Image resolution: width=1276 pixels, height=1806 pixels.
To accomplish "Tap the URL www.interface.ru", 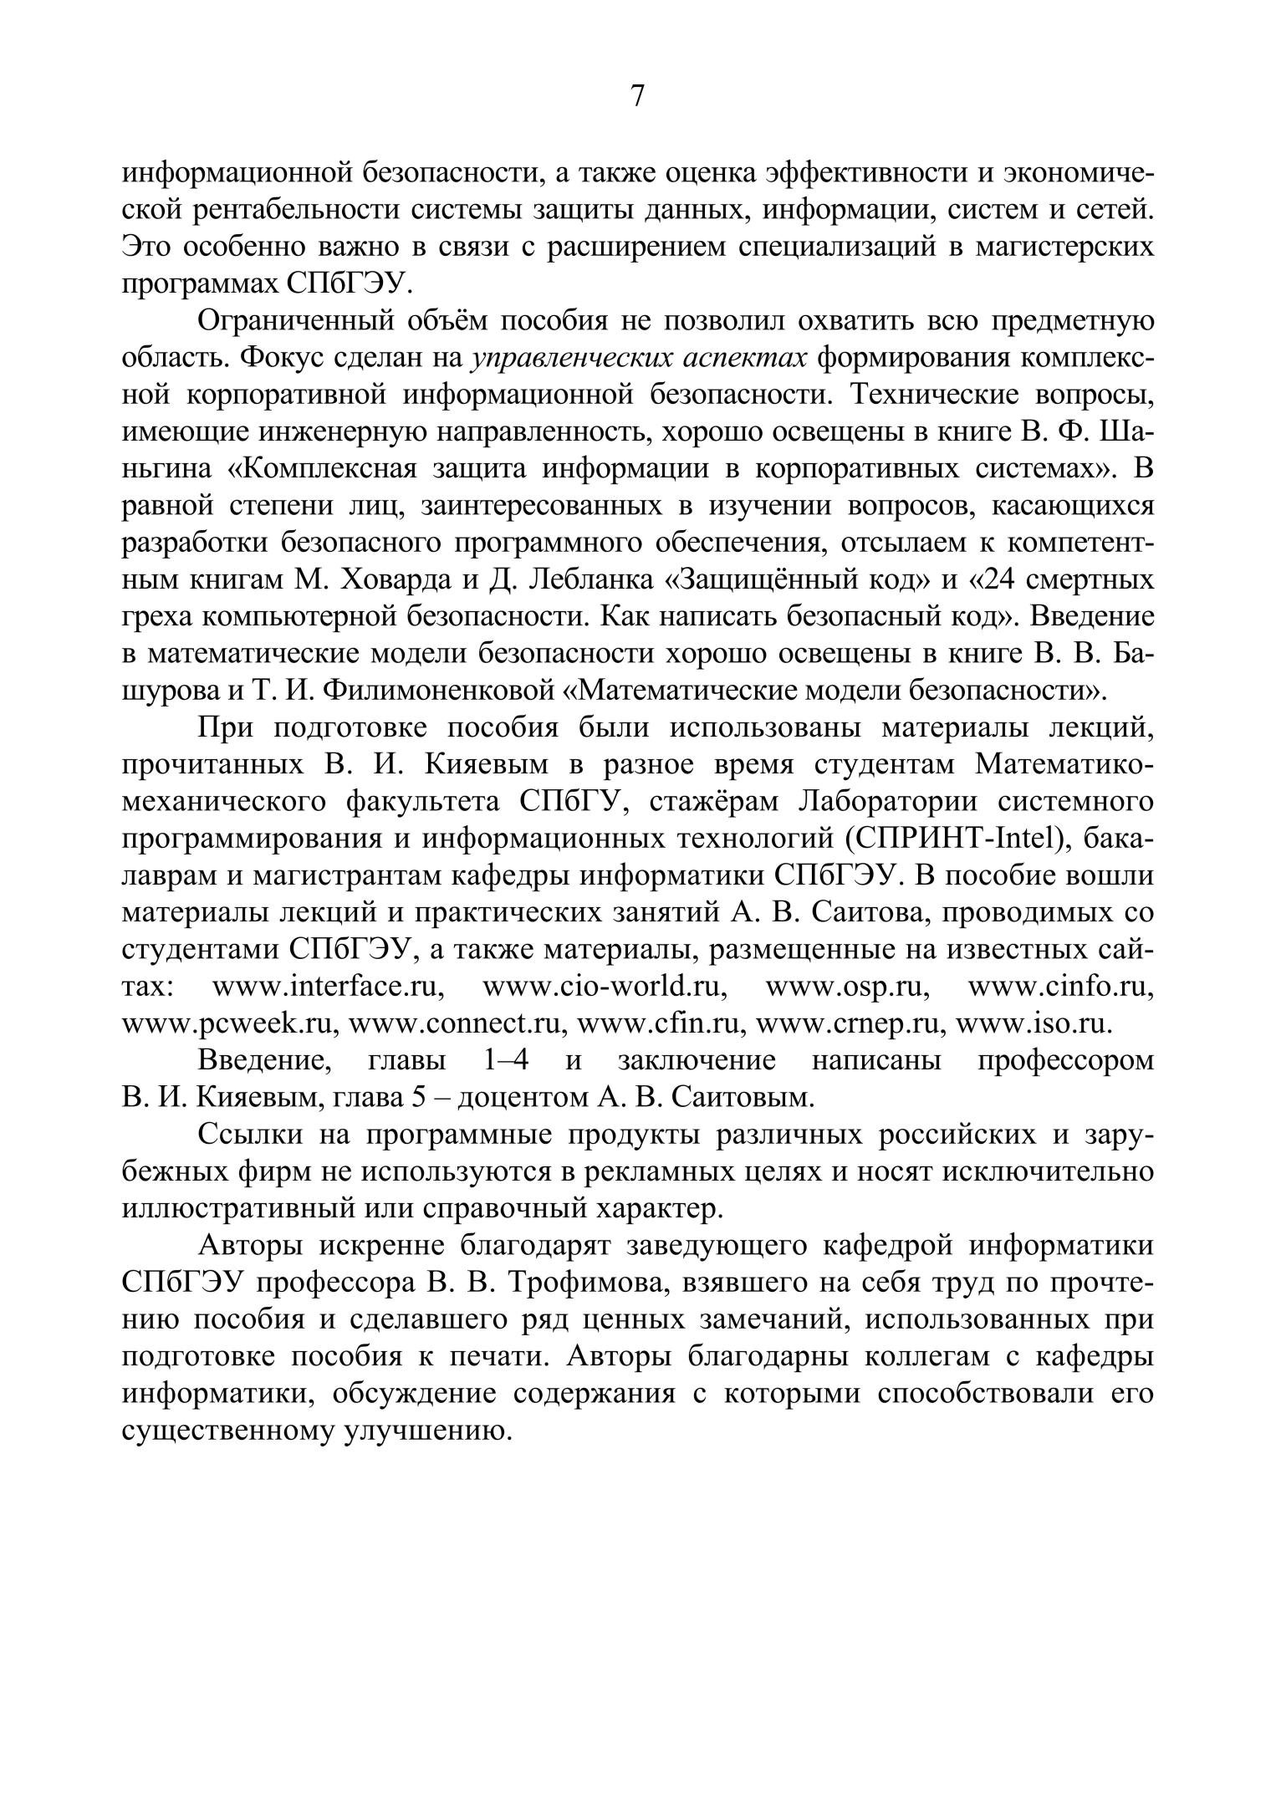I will (x=328, y=987).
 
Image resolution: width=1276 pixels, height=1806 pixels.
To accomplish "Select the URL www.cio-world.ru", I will (x=605, y=987).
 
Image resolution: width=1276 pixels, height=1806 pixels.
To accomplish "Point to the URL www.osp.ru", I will (x=848, y=987).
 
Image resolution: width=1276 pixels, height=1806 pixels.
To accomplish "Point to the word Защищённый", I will (x=763, y=580).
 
